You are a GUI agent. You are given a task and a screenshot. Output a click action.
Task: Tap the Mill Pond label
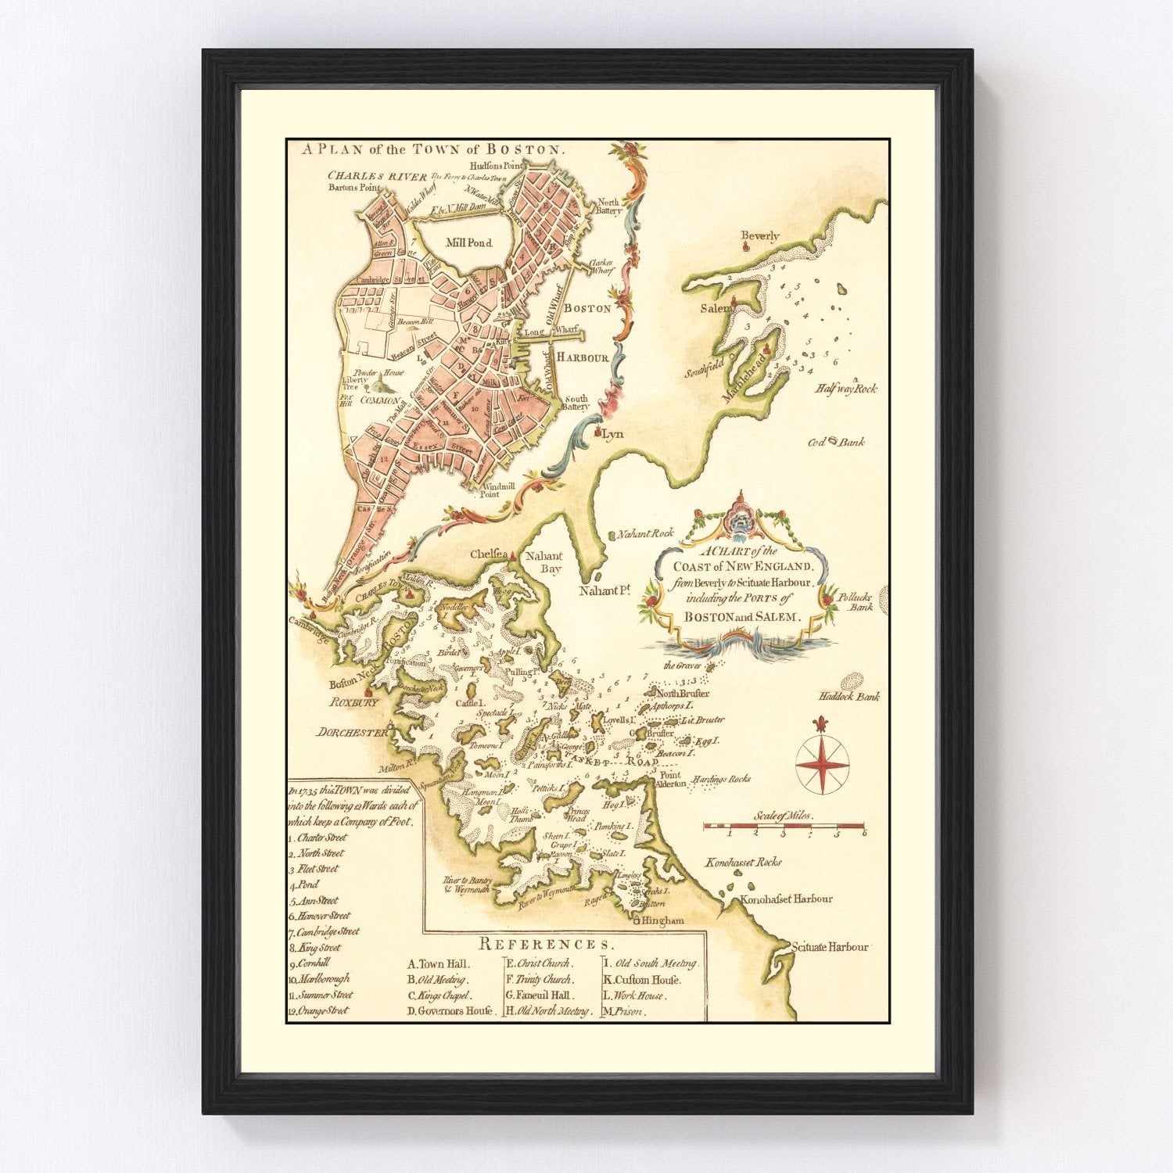click(468, 243)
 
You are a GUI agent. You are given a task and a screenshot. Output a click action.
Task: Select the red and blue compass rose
click(822, 761)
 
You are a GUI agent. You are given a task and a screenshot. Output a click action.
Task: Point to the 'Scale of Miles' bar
click(784, 826)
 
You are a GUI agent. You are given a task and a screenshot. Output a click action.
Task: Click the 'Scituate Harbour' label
click(830, 947)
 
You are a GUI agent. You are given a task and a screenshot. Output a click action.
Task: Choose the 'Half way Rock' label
click(846, 389)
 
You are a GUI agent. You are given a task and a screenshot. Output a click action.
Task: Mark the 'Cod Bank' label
click(836, 442)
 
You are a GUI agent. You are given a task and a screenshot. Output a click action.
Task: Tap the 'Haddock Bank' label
click(849, 697)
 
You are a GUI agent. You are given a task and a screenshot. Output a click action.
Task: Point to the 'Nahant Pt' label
click(604, 592)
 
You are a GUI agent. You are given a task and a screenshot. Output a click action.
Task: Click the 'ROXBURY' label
click(353, 702)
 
